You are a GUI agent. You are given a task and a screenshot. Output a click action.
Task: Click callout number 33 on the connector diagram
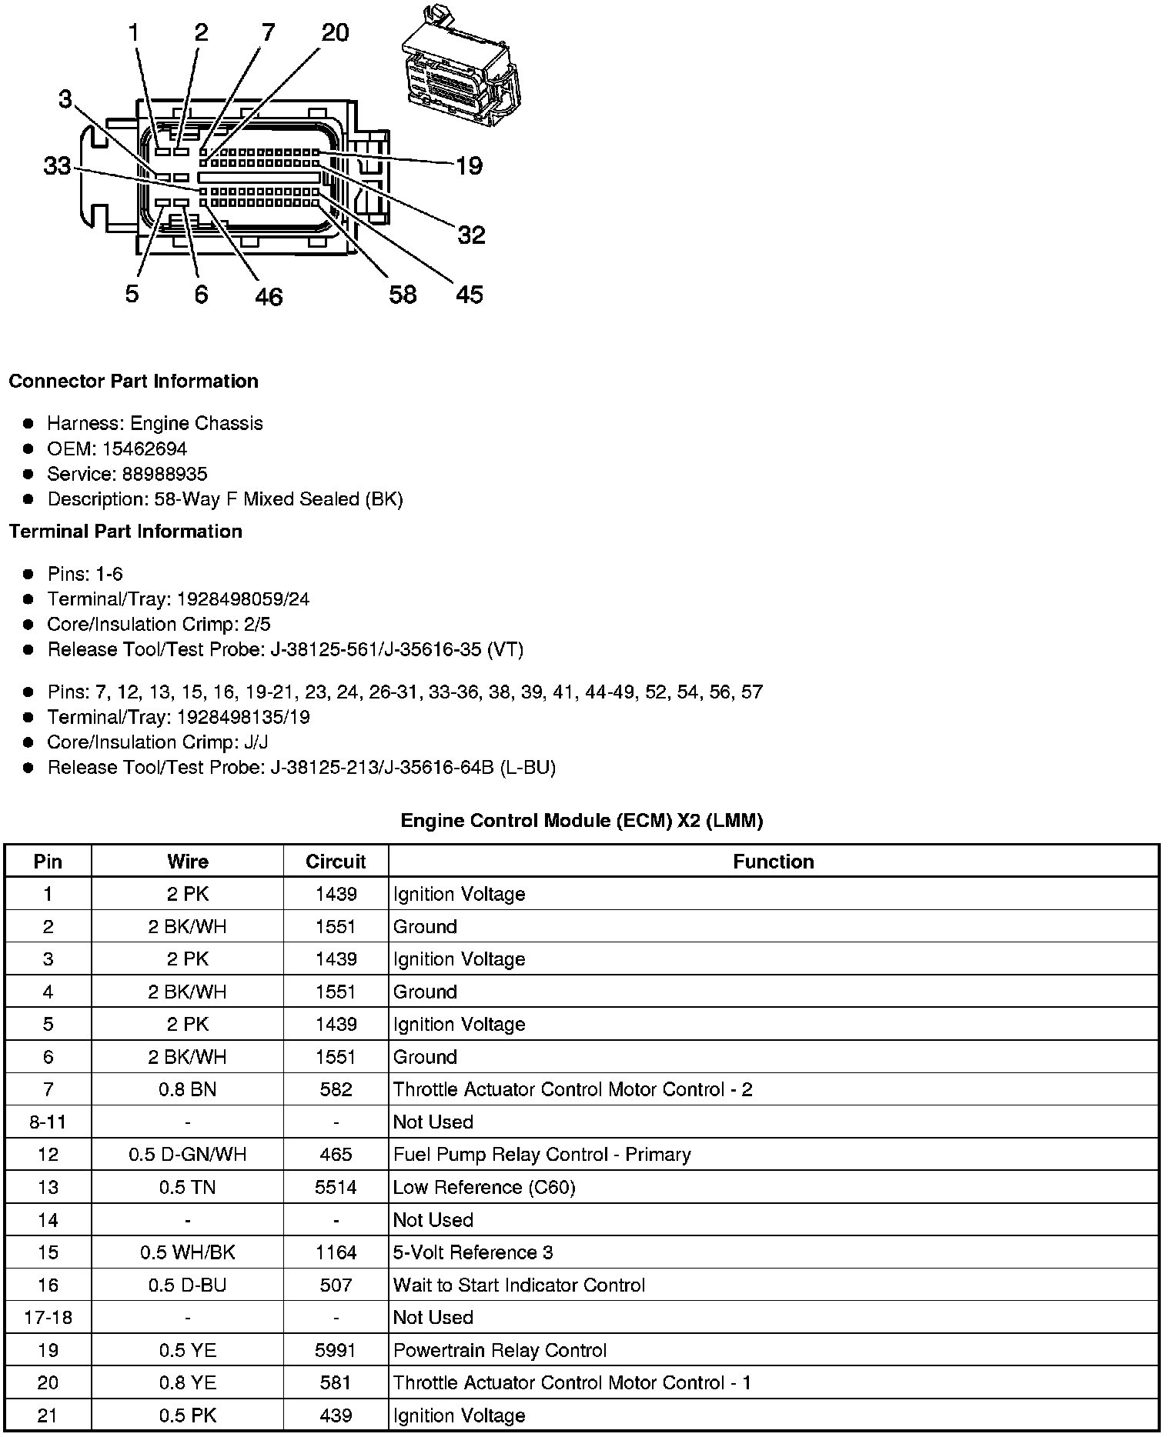57,165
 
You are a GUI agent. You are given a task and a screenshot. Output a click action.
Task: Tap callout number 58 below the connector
403,294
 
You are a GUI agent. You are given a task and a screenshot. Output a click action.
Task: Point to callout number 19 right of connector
469,165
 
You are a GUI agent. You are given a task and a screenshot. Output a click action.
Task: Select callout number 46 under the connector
269,296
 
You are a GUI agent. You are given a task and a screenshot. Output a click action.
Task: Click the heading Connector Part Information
133,382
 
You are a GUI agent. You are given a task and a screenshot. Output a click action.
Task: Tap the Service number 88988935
164,474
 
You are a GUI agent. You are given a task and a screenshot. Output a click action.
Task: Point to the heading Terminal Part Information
125,532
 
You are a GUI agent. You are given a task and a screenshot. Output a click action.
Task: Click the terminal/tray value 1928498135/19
243,717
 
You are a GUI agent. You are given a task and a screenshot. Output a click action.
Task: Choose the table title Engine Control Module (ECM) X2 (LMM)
582,821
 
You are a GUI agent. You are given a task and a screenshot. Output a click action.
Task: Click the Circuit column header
336,862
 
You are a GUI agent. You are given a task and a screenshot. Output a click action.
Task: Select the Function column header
774,862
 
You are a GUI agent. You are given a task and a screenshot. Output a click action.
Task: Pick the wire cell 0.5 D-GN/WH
188,1155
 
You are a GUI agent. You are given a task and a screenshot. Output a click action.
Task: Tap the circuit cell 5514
336,1187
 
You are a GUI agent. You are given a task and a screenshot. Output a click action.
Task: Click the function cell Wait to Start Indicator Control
519,1285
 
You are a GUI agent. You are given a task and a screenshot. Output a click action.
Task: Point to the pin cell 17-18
48,1317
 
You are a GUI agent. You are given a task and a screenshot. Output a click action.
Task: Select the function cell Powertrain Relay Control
500,1350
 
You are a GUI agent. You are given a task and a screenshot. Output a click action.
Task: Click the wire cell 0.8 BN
188,1089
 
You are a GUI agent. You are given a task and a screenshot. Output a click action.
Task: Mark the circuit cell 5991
336,1350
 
